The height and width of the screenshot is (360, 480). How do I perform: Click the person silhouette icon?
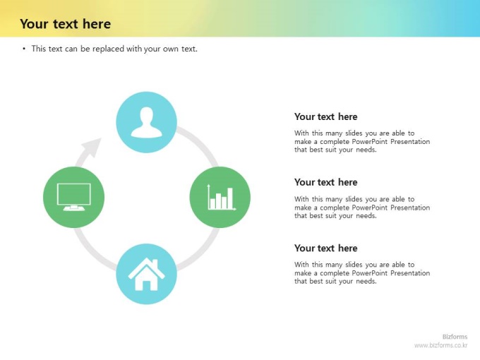pyautogui.click(x=146, y=122)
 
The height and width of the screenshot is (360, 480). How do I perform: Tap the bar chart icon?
pyautogui.click(x=222, y=197)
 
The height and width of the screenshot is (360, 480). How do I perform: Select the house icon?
pyautogui.click(x=146, y=274)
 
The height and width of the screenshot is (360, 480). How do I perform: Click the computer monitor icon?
pyautogui.click(x=74, y=197)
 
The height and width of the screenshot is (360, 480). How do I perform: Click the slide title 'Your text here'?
pyautogui.click(x=65, y=24)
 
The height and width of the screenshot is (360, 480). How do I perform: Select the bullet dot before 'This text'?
pyautogui.click(x=24, y=49)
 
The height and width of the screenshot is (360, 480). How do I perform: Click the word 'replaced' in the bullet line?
pyautogui.click(x=109, y=49)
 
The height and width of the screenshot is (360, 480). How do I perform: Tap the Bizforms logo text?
pyautogui.click(x=455, y=337)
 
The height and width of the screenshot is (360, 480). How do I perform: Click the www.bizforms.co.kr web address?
pyautogui.click(x=440, y=345)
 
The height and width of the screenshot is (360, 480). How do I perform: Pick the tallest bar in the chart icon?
pyautogui.click(x=230, y=198)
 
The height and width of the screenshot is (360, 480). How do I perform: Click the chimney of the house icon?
pyautogui.click(x=155, y=264)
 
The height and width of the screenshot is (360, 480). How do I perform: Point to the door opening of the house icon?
pyautogui.click(x=146, y=285)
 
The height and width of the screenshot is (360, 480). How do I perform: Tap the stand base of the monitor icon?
pyautogui.click(x=74, y=209)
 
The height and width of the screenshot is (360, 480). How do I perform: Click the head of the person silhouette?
pyautogui.click(x=146, y=115)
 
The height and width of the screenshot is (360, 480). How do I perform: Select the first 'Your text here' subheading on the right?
pyautogui.click(x=325, y=116)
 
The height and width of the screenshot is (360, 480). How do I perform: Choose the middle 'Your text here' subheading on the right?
pyautogui.click(x=325, y=182)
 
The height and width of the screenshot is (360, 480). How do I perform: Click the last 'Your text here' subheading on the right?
pyautogui.click(x=325, y=248)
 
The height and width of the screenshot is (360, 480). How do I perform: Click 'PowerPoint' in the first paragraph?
pyautogui.click(x=369, y=141)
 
